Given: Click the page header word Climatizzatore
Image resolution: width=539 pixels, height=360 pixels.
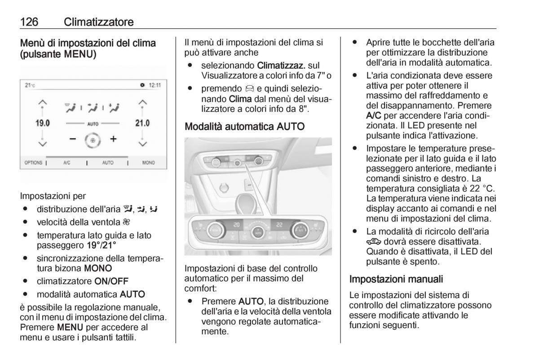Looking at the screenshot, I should tap(99, 22).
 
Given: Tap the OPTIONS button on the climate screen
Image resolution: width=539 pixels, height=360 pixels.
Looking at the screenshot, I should tap(33, 162).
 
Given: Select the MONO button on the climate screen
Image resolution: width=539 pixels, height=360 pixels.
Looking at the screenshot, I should tap(148, 162).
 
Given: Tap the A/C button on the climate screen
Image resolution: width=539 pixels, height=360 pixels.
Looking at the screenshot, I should tap(67, 162).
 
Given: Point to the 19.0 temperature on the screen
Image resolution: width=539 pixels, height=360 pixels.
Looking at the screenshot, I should tap(42, 123).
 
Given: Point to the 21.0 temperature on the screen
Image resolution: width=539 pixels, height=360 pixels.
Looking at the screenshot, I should tap(142, 123).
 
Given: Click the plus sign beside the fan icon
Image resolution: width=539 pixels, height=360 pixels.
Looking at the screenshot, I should tap(114, 139).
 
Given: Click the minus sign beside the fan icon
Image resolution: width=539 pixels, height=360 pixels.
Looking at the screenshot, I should tap(73, 139).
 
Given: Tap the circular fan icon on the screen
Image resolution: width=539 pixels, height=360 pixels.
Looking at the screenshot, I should tap(93, 140).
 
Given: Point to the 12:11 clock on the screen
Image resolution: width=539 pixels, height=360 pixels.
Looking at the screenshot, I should tap(155, 85).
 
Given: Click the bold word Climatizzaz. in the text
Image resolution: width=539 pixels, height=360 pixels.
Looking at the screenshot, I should tap(278, 66).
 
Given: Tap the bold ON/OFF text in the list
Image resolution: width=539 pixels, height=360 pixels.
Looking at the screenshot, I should tap(111, 281).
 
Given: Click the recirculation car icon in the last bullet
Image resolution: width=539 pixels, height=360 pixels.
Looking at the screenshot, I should tap(374, 241).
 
